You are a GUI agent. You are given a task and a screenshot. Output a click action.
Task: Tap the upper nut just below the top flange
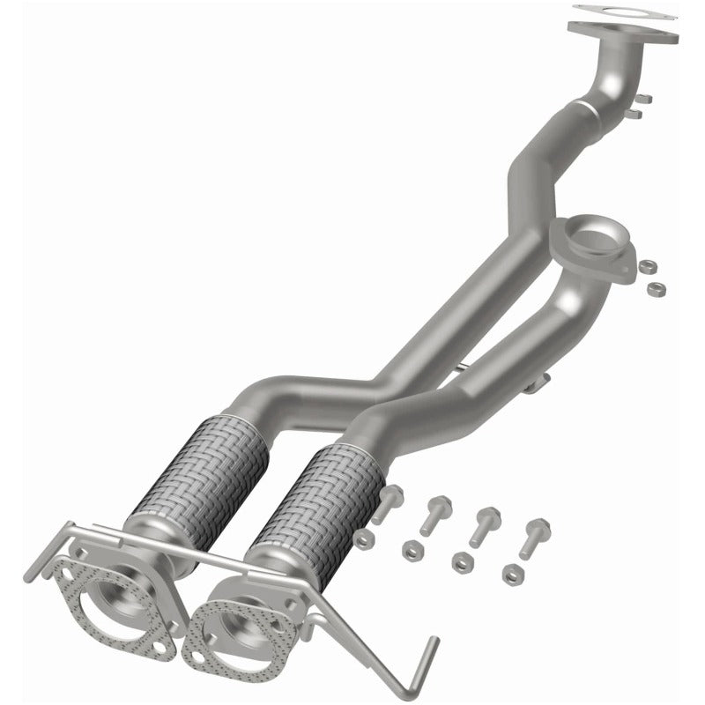[641, 99]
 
